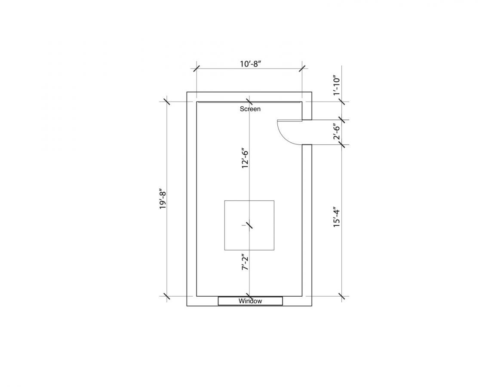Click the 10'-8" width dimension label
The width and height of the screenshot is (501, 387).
251,64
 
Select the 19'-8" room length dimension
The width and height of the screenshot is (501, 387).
163,200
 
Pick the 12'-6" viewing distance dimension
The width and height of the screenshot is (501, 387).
245,158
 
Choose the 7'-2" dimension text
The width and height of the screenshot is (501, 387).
245,262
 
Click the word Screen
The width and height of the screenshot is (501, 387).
250,109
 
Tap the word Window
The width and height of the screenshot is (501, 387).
250,301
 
